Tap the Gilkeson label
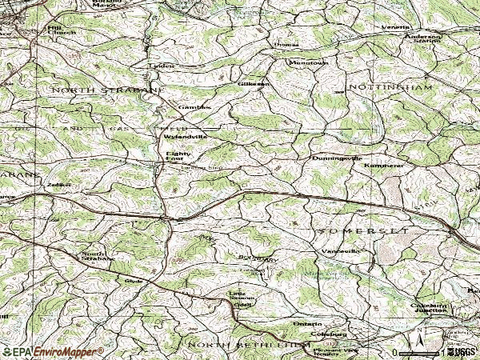pos(254,83)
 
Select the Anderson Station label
pos(423,40)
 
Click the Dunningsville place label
pos(336,158)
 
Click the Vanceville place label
pos(341,251)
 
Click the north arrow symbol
pos(419,332)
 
